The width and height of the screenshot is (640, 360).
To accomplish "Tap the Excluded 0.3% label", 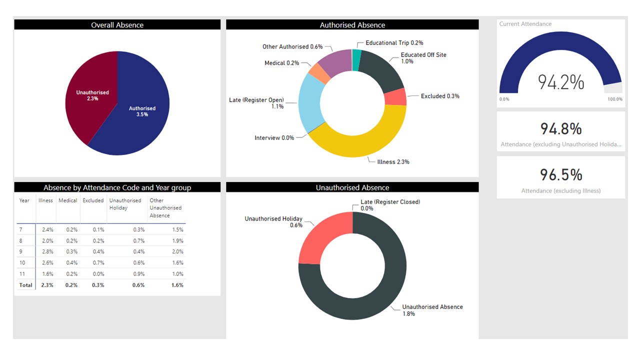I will pyautogui.click(x=440, y=96).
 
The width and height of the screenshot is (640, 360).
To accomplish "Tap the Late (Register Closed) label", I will pyautogui.click(x=390, y=202).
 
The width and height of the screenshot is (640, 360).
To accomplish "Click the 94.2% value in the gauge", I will pyautogui.click(x=560, y=82).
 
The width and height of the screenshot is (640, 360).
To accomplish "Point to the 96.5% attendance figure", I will pyautogui.click(x=560, y=174).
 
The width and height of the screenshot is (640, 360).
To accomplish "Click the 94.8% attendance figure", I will pyautogui.click(x=560, y=129).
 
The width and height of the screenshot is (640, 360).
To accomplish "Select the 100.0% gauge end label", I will pyautogui.click(x=615, y=99).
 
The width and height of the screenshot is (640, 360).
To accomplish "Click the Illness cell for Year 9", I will pyautogui.click(x=46, y=251).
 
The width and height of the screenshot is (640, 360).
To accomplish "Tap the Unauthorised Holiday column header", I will pyautogui.click(x=125, y=204).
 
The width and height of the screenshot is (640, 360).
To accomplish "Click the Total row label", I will pyautogui.click(x=26, y=285).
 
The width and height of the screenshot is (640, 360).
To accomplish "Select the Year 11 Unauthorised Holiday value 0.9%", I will pyautogui.click(x=139, y=273).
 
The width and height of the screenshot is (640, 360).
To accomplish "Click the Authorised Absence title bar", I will pyautogui.click(x=352, y=25).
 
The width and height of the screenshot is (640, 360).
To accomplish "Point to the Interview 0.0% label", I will pyautogui.click(x=274, y=137).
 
